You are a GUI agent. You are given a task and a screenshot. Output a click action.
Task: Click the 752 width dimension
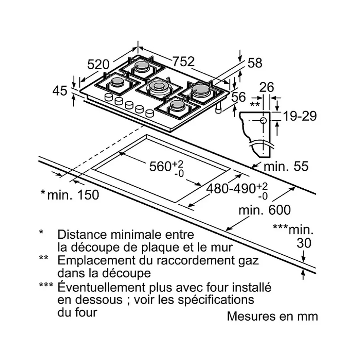tap(183, 61)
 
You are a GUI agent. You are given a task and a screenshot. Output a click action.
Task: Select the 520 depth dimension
tap(98, 65)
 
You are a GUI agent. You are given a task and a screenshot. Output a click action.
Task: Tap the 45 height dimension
tap(60, 90)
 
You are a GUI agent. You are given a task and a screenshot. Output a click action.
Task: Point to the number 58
tap(255, 63)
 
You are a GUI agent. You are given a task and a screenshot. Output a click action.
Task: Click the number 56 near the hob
tap(238, 97)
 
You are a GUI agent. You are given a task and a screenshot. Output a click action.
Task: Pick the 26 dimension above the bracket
tap(266, 87)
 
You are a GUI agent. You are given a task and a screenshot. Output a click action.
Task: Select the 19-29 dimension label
tap(300, 116)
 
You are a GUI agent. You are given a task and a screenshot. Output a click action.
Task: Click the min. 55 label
tap(286, 166)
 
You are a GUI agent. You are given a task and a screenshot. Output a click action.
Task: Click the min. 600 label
tap(265, 210)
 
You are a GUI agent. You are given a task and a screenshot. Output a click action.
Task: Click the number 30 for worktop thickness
tap(304, 243)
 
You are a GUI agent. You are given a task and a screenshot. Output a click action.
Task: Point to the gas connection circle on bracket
tap(263, 120)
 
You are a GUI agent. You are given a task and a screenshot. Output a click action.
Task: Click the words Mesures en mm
tap(272, 316)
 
